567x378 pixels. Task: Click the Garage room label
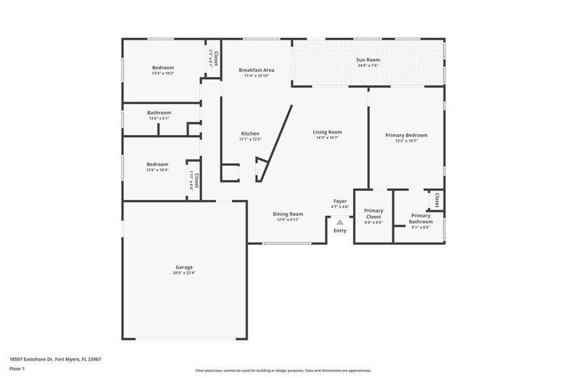point(184,267)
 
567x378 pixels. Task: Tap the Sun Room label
point(368,60)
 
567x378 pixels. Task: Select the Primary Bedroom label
point(406,135)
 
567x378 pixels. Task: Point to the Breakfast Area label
point(256,70)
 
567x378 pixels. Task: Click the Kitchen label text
point(250,134)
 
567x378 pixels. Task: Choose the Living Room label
point(327,132)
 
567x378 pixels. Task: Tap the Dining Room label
point(288,214)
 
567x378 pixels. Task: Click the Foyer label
point(340,201)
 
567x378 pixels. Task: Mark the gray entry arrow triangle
point(340,222)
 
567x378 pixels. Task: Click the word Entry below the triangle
point(340,231)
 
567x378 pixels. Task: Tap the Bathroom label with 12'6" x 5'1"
point(159,113)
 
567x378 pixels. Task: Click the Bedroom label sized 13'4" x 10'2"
point(163,67)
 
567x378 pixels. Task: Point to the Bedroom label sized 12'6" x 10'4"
point(157,164)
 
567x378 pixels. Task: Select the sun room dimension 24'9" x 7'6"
point(368,66)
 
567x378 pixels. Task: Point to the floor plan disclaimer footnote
point(283,370)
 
